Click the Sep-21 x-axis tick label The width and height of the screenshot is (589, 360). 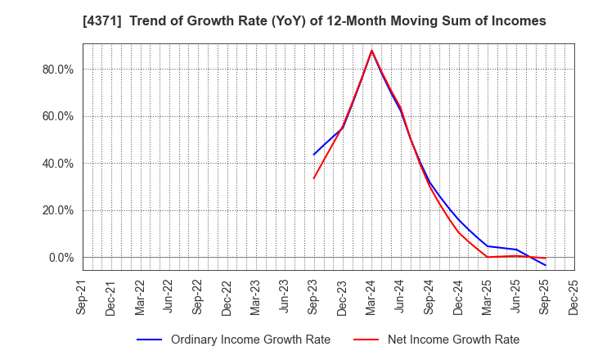point(82,297)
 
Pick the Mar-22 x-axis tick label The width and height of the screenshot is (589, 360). point(140,297)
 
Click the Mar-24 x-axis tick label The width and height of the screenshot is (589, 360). point(371,297)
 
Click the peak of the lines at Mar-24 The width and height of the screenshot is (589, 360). point(371,51)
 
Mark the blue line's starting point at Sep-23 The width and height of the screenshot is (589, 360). point(313,155)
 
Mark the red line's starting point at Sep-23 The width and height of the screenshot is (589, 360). point(313,178)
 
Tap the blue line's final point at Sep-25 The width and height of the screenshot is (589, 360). point(545,265)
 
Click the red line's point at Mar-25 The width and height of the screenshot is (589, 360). point(488,257)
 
